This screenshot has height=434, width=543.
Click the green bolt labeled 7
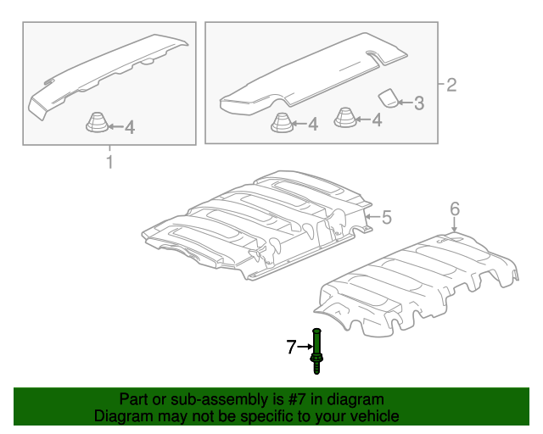316,351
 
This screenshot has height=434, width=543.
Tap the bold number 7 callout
291,347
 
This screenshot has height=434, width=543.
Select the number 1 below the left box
109,162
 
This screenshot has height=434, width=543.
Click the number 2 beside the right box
451,85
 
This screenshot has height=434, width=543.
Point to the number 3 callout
419,103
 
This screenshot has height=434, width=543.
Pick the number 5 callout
387,217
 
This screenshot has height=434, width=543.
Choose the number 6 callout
455,209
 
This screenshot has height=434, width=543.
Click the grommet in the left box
98,122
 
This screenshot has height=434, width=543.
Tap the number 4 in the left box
130,127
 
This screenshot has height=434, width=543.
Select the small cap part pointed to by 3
389,98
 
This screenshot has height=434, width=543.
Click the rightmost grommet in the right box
345,118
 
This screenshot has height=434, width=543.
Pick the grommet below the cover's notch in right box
283,122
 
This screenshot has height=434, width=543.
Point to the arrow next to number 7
305,347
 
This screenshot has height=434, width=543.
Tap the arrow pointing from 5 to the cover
373,217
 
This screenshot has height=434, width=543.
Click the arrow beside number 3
406,103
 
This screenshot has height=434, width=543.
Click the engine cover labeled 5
257,225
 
